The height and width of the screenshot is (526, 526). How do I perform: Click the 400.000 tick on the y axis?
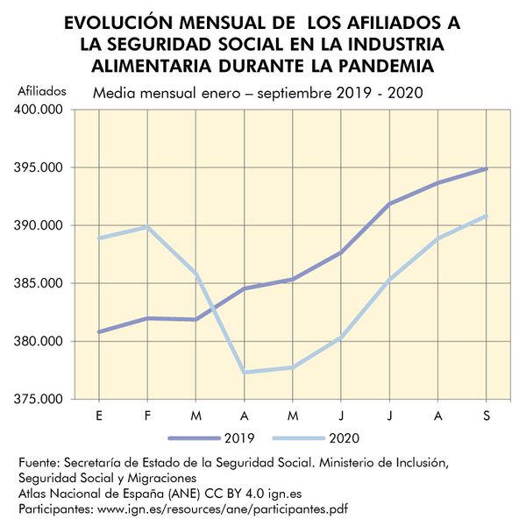(x=42, y=110)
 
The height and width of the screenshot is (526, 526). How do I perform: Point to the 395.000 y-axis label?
(x=42, y=167)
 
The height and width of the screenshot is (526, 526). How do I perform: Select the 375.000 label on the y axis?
(x=42, y=399)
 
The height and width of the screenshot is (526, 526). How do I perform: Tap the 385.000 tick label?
(x=42, y=283)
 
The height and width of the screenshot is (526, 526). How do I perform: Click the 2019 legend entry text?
(x=240, y=437)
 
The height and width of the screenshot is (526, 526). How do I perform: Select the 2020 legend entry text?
(x=344, y=437)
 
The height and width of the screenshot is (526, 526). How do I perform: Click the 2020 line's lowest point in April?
(x=244, y=372)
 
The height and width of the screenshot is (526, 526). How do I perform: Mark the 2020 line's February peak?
(x=147, y=227)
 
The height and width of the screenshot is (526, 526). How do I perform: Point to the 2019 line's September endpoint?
(x=486, y=168)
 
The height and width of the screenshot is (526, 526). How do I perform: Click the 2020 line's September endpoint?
(x=486, y=216)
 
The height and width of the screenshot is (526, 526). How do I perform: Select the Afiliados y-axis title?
(x=42, y=89)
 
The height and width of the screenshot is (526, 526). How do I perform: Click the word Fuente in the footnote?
(x=40, y=462)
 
